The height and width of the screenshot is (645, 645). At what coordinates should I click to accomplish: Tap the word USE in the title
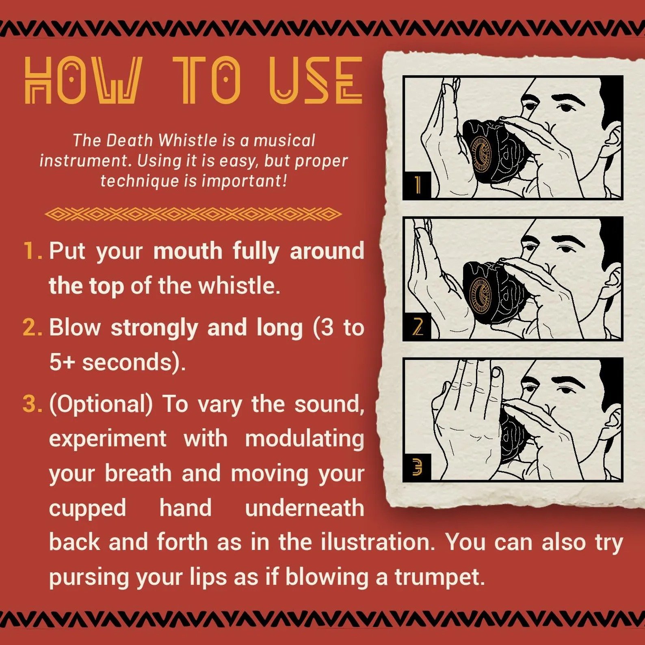coord(316,80)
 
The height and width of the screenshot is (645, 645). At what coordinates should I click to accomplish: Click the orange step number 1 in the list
coord(32,251)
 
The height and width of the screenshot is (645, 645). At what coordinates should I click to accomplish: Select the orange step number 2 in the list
coord(32,327)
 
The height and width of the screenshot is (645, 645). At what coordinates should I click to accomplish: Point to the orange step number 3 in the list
coord(32,404)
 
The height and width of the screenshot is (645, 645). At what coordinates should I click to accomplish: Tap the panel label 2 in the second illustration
coord(418,326)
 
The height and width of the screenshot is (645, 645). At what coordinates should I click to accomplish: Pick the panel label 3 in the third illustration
coord(418,467)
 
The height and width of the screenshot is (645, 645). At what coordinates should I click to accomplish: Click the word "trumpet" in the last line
coord(439,577)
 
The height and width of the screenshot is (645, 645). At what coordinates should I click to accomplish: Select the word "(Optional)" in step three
coord(101,405)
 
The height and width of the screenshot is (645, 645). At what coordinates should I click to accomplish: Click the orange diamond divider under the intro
coord(193,214)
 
